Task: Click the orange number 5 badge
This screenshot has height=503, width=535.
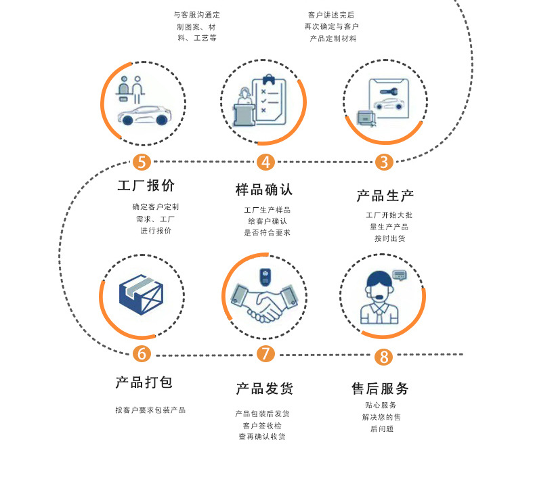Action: pos(141,162)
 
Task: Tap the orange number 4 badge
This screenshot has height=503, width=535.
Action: pos(265,162)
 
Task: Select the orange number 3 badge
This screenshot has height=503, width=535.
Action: pos(384,162)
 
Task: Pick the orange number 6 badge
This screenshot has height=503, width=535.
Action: pos(141,353)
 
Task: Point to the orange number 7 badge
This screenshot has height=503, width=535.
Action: pos(265,353)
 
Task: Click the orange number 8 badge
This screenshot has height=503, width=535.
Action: pos(383,357)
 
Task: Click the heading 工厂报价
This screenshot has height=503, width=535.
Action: pos(146,185)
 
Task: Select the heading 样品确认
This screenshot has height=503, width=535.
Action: pos(264,190)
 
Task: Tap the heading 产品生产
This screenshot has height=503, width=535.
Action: pos(385,196)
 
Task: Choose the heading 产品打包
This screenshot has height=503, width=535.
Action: pos(144,382)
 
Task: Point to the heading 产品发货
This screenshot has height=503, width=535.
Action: pos(264,389)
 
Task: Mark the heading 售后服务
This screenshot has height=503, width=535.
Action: pos(380,389)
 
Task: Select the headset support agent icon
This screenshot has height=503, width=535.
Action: pos(381,298)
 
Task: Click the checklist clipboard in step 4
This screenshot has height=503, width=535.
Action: pos(269,98)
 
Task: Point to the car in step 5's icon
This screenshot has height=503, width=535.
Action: pos(143,116)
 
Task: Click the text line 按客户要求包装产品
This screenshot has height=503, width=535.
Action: pos(150,410)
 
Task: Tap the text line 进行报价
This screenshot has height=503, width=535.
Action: pos(156,230)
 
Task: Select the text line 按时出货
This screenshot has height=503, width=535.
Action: pos(390,238)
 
